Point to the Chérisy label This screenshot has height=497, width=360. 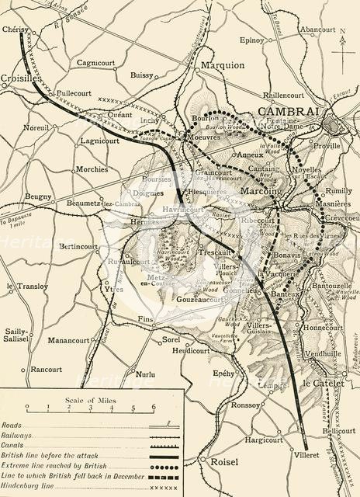[x=18, y=29]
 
